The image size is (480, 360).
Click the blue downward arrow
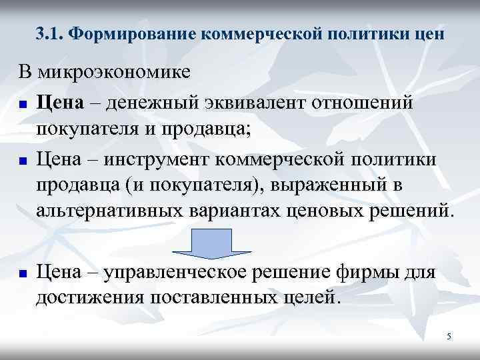212,244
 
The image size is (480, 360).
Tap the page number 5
449,337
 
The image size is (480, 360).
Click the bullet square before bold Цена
23,105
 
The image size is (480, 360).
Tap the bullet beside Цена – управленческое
23,274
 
